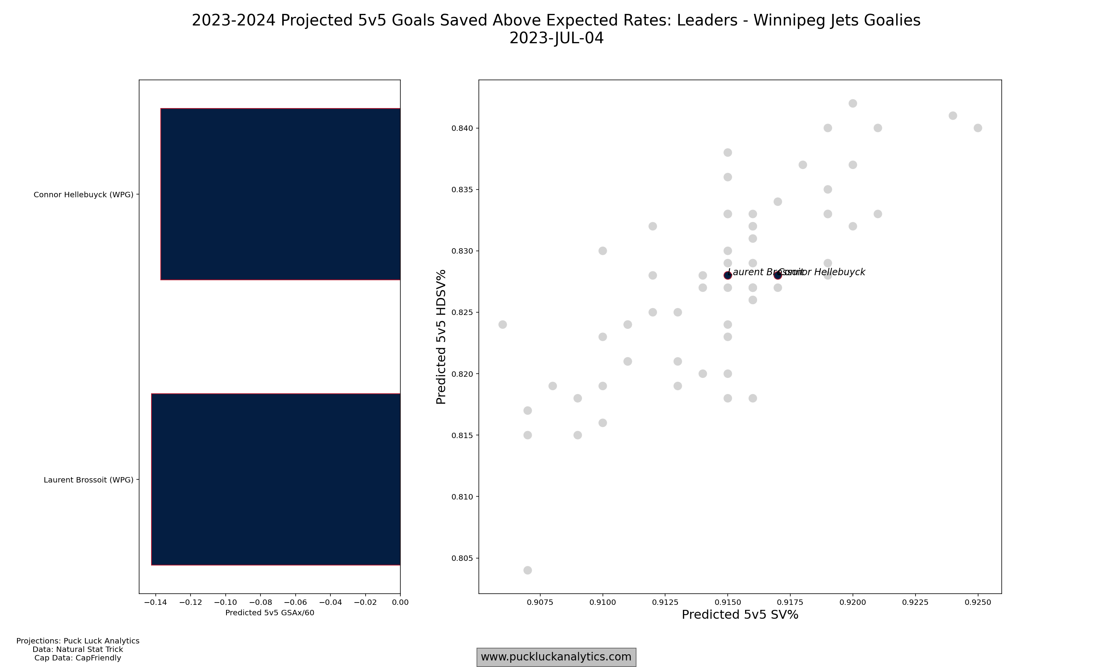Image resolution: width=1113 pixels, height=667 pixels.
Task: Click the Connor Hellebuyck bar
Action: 280,194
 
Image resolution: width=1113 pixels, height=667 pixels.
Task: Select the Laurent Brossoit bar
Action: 276,479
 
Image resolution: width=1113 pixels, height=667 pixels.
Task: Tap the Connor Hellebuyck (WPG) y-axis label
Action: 83,195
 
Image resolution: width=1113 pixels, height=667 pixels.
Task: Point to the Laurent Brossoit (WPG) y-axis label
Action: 88,480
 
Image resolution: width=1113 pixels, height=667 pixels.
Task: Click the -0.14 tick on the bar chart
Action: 155,602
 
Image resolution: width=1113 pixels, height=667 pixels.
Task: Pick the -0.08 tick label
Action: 260,602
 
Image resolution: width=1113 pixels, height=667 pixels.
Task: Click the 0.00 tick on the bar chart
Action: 400,602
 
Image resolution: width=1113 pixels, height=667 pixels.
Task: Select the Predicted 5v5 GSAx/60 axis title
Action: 269,613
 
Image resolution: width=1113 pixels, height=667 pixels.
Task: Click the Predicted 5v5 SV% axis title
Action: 740,615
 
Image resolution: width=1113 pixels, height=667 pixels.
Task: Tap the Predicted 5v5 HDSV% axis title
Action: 441,337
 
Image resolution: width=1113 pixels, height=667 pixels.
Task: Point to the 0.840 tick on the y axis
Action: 462,128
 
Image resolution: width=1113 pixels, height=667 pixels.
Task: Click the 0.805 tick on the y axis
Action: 462,558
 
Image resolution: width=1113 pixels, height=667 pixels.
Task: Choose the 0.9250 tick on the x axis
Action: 978,602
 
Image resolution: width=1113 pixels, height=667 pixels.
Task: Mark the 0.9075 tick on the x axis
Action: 540,602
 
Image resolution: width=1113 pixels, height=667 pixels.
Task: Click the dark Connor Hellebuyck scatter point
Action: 778,275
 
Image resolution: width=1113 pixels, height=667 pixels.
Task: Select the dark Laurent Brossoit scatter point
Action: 727,275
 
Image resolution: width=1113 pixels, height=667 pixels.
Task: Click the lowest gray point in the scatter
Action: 528,571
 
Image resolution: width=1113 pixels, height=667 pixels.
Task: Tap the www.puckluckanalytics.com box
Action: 556,657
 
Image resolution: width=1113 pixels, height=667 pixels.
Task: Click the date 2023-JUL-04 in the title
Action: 556,38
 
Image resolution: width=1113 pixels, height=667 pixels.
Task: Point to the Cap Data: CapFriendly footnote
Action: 78,658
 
